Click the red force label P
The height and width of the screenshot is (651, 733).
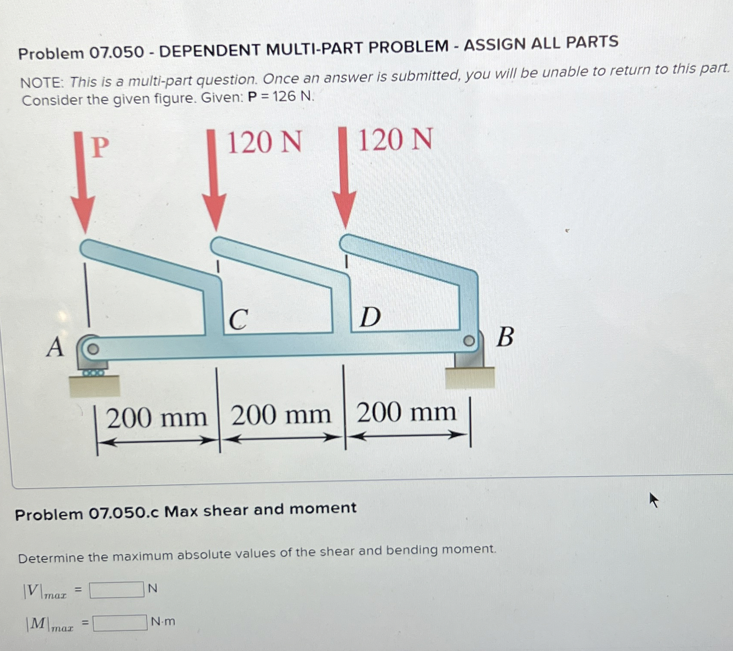(100, 147)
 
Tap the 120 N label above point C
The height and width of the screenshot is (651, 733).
(264, 142)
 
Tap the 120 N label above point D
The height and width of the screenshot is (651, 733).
(395, 140)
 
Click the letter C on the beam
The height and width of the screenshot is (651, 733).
(238, 319)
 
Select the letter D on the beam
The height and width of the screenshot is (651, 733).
(370, 317)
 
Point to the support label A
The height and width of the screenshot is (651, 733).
(55, 347)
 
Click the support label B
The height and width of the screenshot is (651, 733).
(505, 336)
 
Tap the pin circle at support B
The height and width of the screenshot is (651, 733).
(469, 341)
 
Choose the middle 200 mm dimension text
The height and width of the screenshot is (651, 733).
(281, 415)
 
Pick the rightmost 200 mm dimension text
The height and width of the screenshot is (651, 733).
(406, 412)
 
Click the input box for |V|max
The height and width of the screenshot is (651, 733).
(116, 590)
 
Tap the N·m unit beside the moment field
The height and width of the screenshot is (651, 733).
(163, 621)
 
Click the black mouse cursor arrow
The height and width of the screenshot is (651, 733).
(654, 500)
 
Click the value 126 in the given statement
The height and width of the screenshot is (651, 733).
(284, 97)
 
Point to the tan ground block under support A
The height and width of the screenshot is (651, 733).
(94, 386)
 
